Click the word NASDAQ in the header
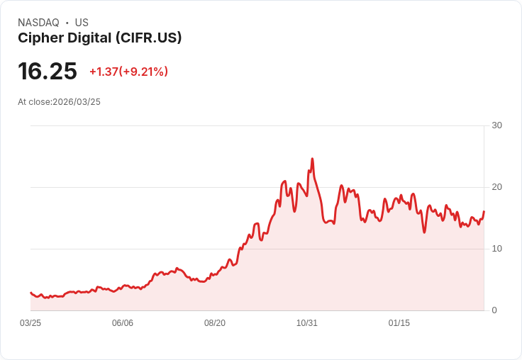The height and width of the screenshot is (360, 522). coord(38,23)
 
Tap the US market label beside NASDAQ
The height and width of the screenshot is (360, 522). coord(82,23)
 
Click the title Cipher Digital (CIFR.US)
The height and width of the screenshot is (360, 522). coord(99,38)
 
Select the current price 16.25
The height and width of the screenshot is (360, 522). coord(47,71)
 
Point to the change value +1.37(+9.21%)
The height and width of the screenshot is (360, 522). coord(128,72)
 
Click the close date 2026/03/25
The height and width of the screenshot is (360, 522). coord(77,102)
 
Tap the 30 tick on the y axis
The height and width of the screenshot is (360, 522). coord(496,125)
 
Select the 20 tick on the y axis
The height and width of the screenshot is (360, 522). coord(496,187)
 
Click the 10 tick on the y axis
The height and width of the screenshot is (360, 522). coord(496,249)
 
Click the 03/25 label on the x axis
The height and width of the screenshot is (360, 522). coord(30,323)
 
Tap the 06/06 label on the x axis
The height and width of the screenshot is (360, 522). coord(123,323)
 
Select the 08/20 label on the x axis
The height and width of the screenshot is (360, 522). coord(215,323)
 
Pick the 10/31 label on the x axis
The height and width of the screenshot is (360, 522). coord(307,323)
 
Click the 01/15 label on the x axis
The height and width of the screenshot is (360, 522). coord(399,323)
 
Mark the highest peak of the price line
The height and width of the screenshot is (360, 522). coord(312,159)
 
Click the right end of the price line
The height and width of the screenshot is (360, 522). coord(484,211)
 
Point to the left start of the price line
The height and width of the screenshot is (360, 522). coord(30,292)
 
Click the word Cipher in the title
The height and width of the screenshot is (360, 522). coord(37,38)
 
